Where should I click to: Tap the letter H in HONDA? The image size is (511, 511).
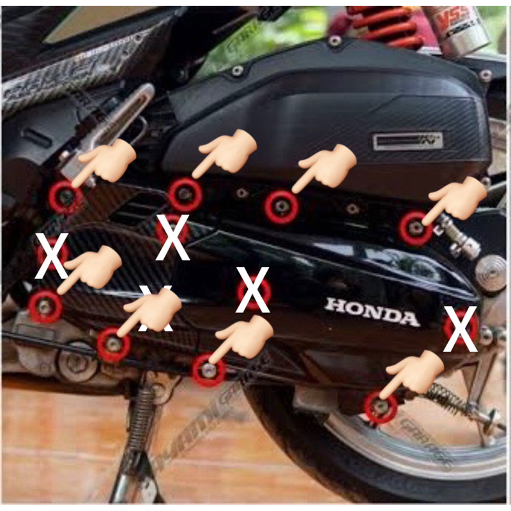click(335, 307)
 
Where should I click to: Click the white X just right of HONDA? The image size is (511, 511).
click(461, 329)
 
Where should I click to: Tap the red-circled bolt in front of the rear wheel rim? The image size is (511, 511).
click(381, 407)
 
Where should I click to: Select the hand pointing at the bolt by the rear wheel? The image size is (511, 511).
click(417, 373)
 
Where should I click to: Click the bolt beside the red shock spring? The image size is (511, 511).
click(335, 41)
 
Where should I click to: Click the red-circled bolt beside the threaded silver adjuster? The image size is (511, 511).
click(415, 227)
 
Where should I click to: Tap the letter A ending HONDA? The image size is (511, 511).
click(409, 317)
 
